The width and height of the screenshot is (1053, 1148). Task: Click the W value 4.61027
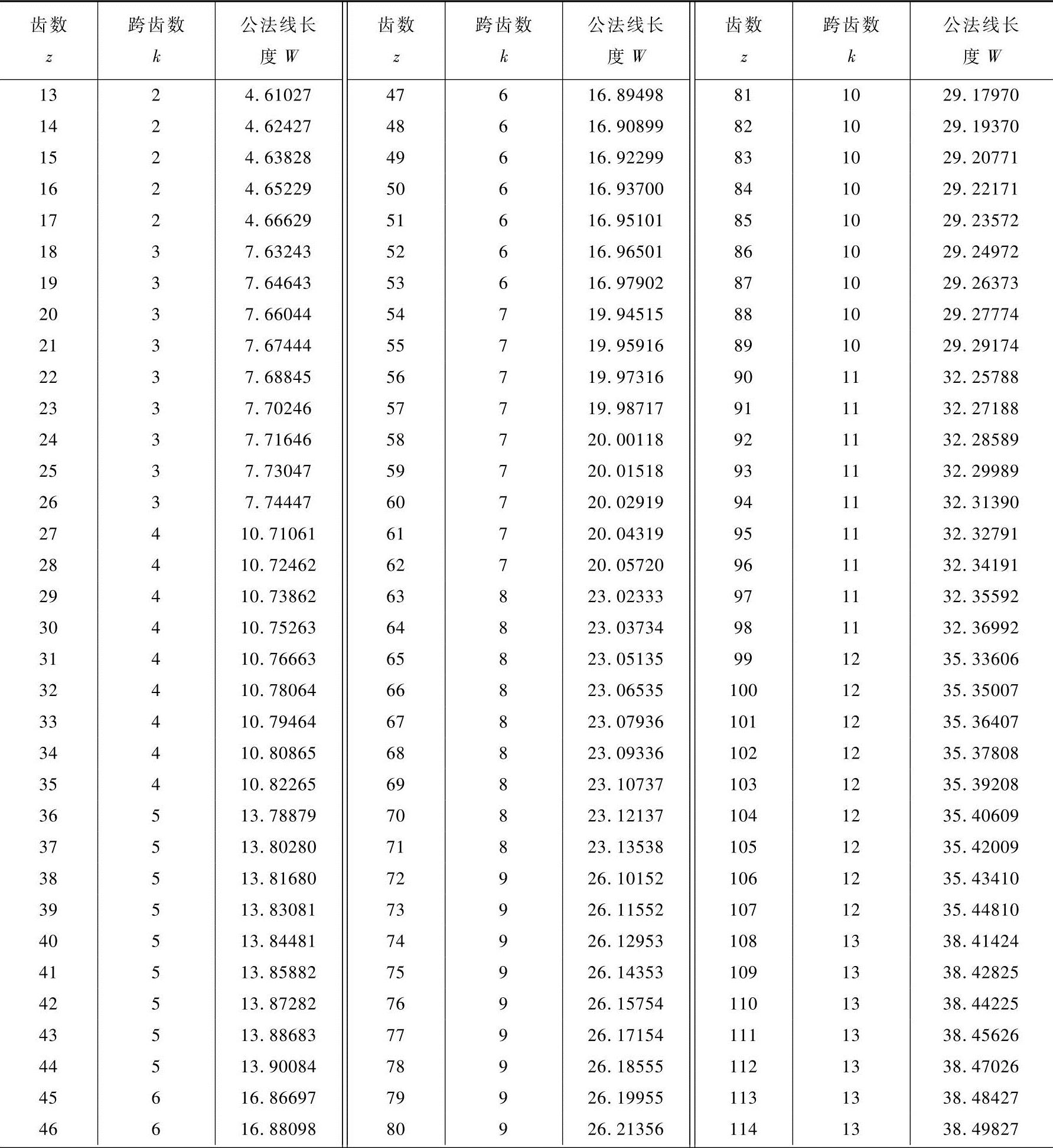pyautogui.click(x=278, y=95)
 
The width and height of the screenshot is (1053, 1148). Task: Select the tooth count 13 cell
pyautogui.click(x=48, y=95)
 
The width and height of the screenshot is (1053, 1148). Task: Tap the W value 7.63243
pyautogui.click(x=278, y=252)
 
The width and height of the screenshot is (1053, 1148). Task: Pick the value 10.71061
pyautogui.click(x=278, y=534)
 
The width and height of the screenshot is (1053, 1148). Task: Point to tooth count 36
pyautogui.click(x=48, y=816)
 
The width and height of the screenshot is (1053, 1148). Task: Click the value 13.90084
pyautogui.click(x=278, y=1066)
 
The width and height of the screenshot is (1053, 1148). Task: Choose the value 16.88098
pyautogui.click(x=278, y=1129)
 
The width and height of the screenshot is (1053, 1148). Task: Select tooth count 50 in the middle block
pyautogui.click(x=396, y=189)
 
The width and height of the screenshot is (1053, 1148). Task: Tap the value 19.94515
pyautogui.click(x=625, y=314)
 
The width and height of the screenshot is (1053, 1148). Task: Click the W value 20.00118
pyautogui.click(x=625, y=440)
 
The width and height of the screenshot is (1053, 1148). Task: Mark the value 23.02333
pyautogui.click(x=625, y=597)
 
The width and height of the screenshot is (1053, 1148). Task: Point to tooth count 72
pyautogui.click(x=396, y=879)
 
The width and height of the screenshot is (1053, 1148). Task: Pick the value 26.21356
pyautogui.click(x=625, y=1129)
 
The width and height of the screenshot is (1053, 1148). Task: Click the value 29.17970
pyautogui.click(x=980, y=95)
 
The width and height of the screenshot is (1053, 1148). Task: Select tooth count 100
pyautogui.click(x=743, y=691)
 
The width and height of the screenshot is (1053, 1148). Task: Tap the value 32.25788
pyautogui.click(x=980, y=377)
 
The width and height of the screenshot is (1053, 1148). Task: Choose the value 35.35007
pyautogui.click(x=980, y=691)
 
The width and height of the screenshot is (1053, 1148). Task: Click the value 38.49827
pyautogui.click(x=980, y=1129)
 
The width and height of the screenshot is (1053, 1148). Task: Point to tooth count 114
pyautogui.click(x=743, y=1129)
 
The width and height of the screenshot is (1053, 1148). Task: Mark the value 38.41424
pyautogui.click(x=980, y=941)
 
